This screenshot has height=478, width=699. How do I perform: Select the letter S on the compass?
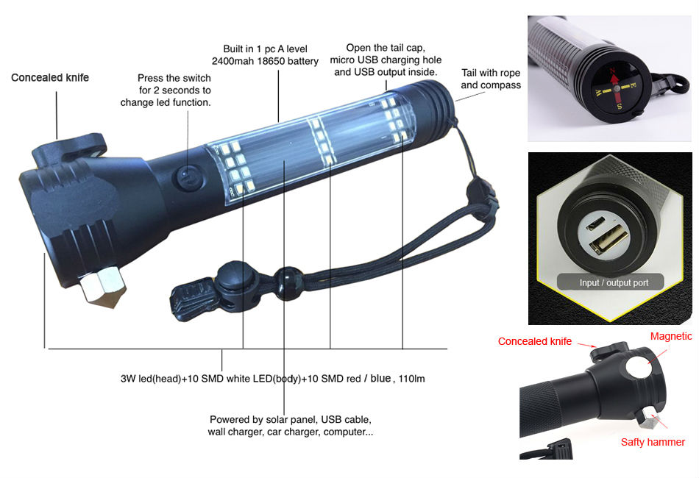pyautogui.click(x=620, y=106)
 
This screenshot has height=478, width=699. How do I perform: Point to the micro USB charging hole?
pyautogui.click(x=595, y=223)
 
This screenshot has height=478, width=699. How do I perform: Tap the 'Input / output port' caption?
pyautogui.click(x=614, y=283)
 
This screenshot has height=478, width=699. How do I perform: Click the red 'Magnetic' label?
pyautogui.click(x=671, y=336)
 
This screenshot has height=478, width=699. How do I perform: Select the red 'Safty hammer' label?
pyautogui.click(x=653, y=442)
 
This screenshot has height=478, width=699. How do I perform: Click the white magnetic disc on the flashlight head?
pyautogui.click(x=638, y=368)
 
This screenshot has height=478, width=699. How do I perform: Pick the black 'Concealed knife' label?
pyautogui.click(x=50, y=77)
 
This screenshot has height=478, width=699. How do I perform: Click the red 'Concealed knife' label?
pyautogui.click(x=534, y=341)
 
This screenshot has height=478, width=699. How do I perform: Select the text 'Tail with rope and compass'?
pyautogui.click(x=490, y=79)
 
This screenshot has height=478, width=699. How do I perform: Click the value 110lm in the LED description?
pyautogui.click(x=411, y=379)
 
